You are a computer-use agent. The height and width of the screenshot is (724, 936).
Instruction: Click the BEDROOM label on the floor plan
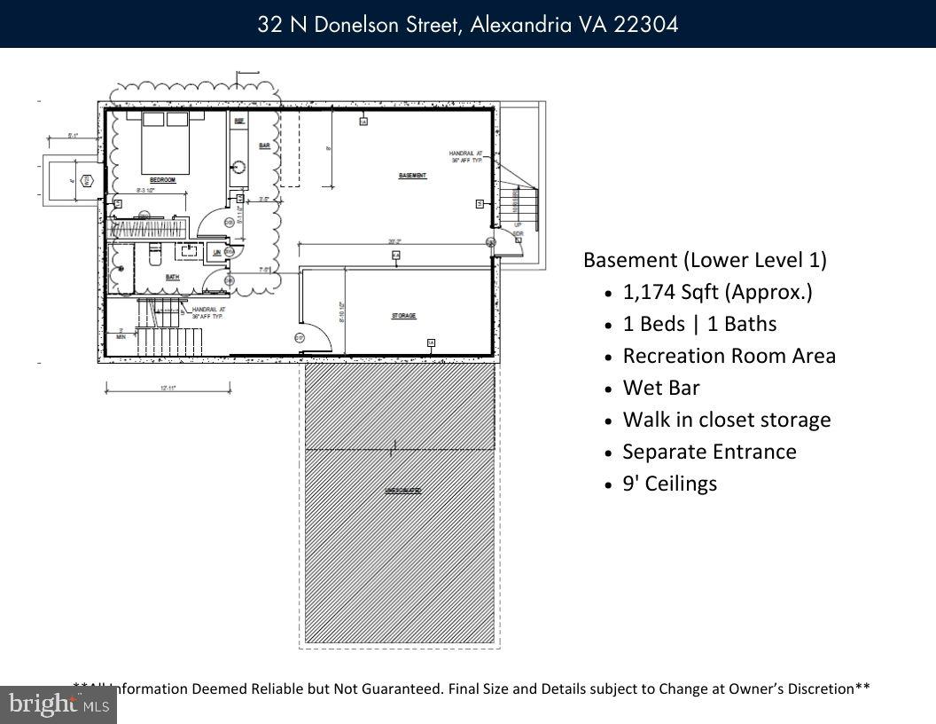[162, 180]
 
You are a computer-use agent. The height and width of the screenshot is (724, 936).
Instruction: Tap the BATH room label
[173, 277]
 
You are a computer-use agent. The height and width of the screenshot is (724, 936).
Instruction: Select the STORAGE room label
[403, 316]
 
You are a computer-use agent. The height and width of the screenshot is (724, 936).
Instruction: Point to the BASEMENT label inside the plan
[412, 176]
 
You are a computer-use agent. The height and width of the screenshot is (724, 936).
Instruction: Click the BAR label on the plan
[264, 146]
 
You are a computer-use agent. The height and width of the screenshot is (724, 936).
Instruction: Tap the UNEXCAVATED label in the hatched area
[402, 490]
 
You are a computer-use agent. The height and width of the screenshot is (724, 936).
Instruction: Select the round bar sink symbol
[239, 166]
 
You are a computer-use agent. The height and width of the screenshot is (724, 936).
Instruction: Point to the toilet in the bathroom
[153, 255]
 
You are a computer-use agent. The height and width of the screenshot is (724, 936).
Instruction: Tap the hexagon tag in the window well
[87, 181]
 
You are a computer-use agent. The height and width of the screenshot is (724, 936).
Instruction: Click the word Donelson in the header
[358, 24]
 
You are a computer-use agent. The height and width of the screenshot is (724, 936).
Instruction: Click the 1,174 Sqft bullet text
[717, 292]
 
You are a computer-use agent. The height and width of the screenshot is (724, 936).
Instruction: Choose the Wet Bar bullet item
[661, 388]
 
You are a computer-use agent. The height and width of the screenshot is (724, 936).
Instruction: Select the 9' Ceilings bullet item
[669, 484]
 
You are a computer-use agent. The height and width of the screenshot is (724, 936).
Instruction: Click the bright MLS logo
[58, 705]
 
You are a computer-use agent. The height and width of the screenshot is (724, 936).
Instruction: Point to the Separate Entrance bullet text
[709, 452]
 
